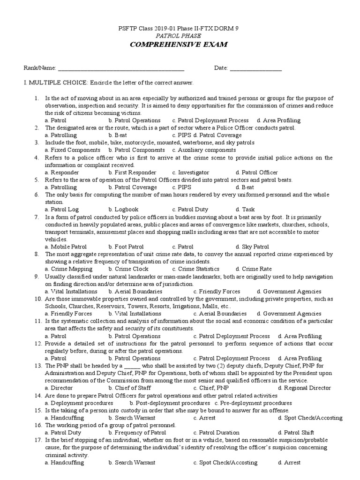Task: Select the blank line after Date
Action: pos(255,68)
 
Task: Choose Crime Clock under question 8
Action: pos(128,269)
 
